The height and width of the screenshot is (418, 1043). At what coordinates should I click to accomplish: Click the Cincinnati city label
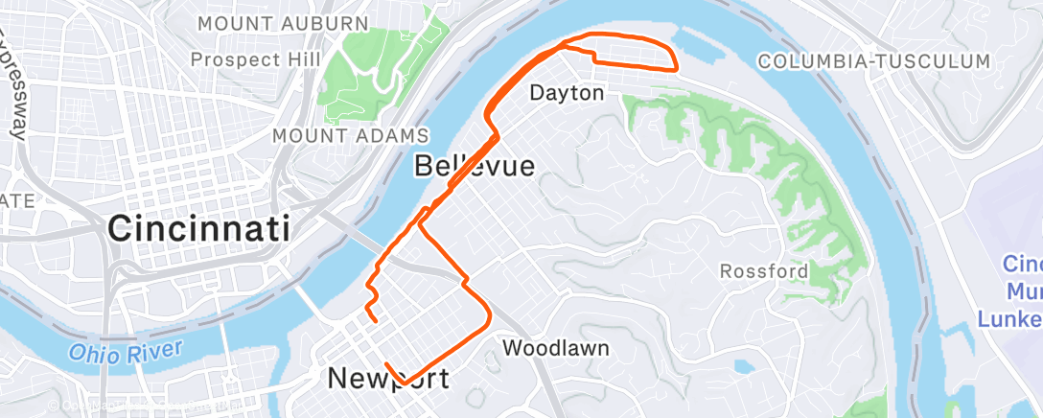198,229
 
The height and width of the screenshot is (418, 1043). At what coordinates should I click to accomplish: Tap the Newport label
388,378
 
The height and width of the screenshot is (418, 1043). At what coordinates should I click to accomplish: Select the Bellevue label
474,166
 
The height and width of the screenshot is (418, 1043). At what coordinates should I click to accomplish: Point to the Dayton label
568,94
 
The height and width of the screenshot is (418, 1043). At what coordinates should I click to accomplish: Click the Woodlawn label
556,347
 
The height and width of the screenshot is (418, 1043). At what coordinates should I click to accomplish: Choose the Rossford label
764,271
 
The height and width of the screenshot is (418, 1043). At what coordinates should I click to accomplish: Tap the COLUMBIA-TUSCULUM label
873,61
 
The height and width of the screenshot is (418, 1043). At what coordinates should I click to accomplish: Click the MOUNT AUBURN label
283,23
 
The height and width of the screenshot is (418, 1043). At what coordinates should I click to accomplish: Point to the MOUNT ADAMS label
351,136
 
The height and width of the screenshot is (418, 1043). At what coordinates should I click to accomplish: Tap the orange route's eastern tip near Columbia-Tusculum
676,68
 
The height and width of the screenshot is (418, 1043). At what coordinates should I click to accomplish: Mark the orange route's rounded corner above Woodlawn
488,313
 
